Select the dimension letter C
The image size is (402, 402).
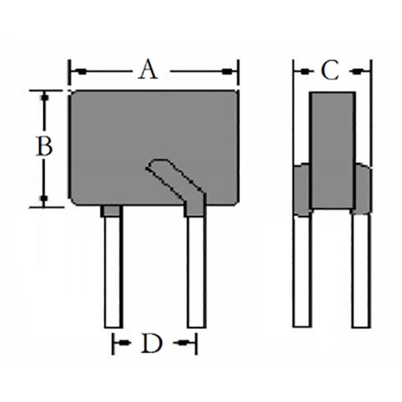coord(329,70)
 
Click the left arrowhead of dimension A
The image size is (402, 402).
coord(75,70)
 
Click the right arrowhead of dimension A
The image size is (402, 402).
coord(232,70)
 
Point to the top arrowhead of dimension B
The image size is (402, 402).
coord(44,96)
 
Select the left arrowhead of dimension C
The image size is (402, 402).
coord(299,70)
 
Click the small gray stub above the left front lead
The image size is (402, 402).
coord(111,211)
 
